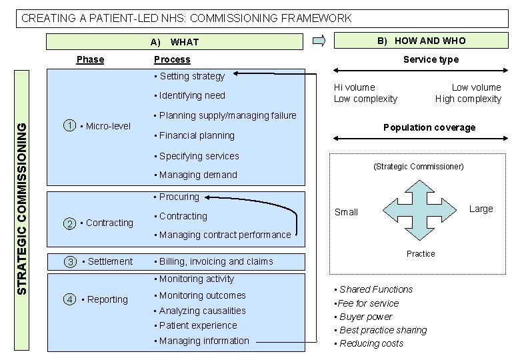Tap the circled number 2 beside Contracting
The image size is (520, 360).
69,223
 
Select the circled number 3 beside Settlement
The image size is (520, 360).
71,262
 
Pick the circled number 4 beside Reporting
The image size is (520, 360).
70,299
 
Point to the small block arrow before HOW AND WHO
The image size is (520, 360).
319,41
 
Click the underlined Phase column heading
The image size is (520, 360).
90,59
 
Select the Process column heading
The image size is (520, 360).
172,59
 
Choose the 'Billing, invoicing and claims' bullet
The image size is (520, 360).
215,262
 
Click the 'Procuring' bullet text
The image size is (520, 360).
179,197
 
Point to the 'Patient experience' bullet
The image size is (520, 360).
198,325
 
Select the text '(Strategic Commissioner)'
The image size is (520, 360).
418,167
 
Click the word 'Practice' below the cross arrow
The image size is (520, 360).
421,254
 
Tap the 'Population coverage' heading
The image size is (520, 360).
429,127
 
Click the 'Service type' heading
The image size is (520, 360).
431,59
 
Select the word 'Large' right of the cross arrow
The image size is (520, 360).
481,209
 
